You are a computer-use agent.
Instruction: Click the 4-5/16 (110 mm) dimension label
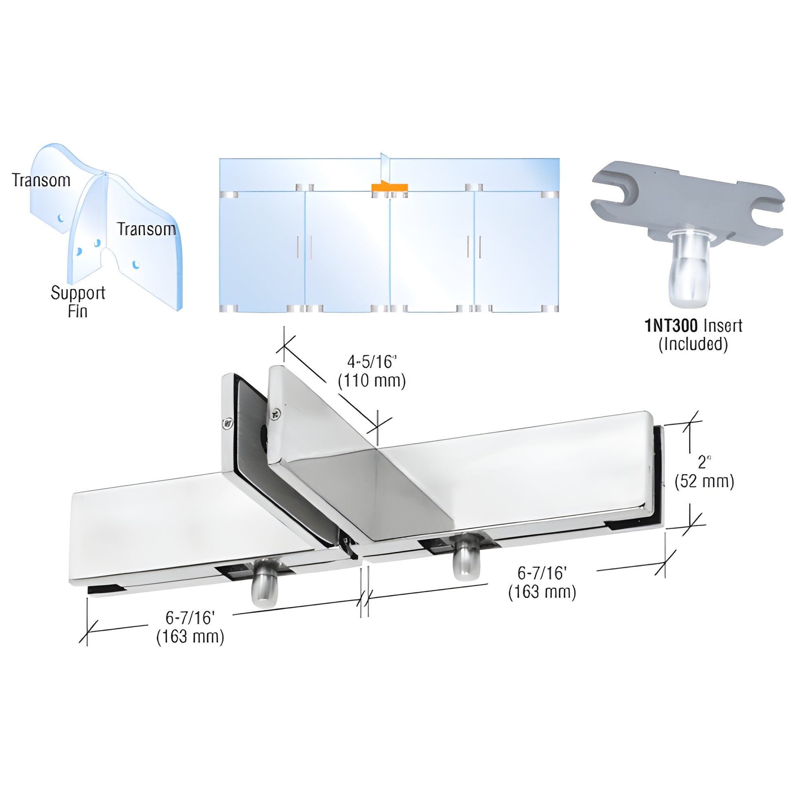[x=372, y=372]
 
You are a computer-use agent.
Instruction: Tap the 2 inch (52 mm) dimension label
[x=704, y=472]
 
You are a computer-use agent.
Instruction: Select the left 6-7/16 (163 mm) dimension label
[x=190, y=628]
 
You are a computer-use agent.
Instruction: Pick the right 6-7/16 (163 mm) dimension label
[x=542, y=583]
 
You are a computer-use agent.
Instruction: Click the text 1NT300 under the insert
[x=671, y=326]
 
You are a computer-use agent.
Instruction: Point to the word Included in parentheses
[x=693, y=344]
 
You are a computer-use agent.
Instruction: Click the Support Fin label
[x=78, y=301]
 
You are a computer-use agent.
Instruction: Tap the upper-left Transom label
[x=41, y=180]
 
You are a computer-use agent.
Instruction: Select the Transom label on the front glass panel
[x=147, y=229]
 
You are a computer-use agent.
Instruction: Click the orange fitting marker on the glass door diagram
[x=389, y=187]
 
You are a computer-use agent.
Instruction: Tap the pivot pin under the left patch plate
[x=265, y=589]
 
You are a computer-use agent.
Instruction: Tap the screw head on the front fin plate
[x=276, y=414]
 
